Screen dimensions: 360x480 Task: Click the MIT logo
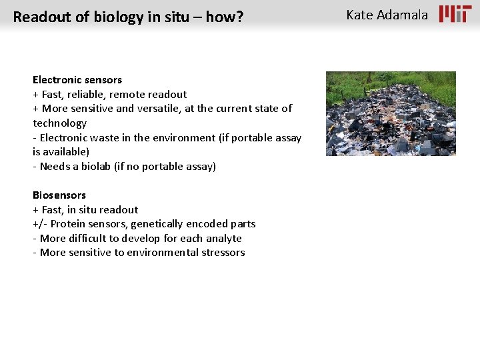(455, 14)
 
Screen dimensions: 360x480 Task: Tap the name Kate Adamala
(387, 15)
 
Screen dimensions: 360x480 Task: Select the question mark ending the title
(239, 17)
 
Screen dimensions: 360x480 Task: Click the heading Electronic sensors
(77, 80)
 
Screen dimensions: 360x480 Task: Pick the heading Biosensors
(59, 195)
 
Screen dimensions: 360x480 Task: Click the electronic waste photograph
(391, 113)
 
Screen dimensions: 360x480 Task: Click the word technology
(60, 123)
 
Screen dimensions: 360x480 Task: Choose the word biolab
(105, 167)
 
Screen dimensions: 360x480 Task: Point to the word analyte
(224, 239)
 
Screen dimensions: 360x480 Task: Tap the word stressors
(223, 253)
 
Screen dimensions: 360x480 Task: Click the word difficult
(91, 239)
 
